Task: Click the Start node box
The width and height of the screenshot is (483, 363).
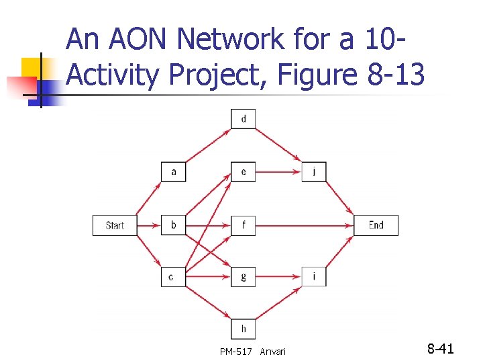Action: coord(115,225)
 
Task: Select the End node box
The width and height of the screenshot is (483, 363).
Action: coord(376,225)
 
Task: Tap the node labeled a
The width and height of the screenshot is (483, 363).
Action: coord(174,172)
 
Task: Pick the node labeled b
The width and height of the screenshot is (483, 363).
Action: coord(174,225)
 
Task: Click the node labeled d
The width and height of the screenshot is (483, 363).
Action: coord(244,120)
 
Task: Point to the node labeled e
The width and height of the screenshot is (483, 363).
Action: coord(244,172)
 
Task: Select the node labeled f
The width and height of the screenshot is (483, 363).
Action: coord(244,225)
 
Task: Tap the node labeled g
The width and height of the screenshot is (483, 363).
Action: coord(244,276)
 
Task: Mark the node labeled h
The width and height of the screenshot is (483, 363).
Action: coord(244,329)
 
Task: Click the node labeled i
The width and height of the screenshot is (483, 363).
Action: coord(314,276)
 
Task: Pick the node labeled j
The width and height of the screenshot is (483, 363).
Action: coord(314,172)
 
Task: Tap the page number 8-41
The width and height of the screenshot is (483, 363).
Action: coord(441,349)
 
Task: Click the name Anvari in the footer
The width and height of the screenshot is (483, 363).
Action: coord(272,351)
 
